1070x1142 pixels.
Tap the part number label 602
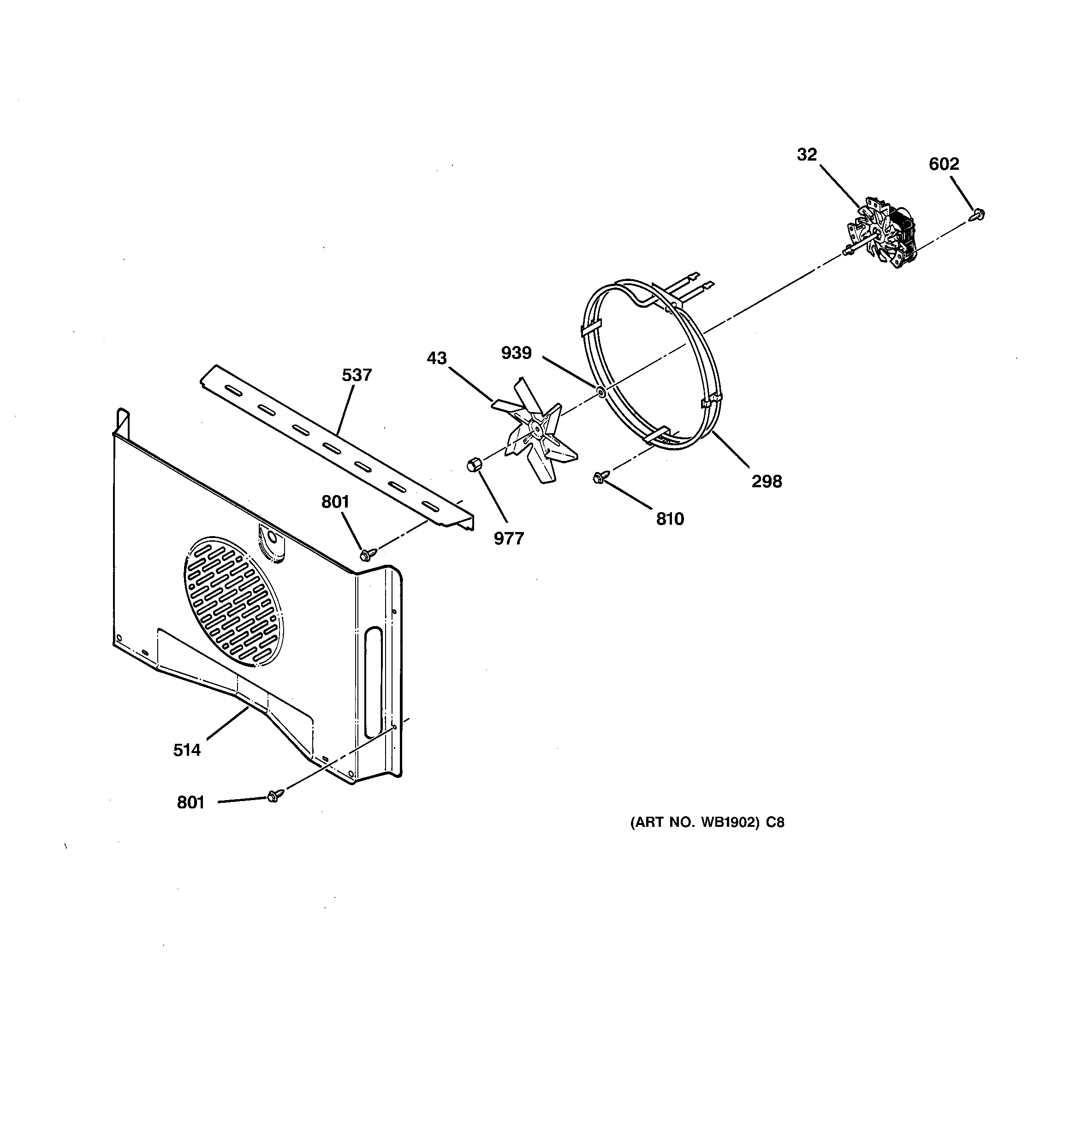(944, 164)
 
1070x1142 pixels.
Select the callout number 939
(517, 353)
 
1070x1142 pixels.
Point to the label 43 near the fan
(436, 359)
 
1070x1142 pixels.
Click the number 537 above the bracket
(357, 375)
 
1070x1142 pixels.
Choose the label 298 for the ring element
(767, 481)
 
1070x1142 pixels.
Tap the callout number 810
(670, 519)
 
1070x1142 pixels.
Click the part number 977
(509, 538)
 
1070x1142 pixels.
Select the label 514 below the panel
(187, 750)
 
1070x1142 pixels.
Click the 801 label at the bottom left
(190, 802)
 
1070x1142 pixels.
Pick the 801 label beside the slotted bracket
(335, 502)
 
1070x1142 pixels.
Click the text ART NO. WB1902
(707, 823)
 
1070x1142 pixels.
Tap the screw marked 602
(979, 215)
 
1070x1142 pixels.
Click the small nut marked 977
(473, 464)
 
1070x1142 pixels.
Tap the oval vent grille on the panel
(234, 601)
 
